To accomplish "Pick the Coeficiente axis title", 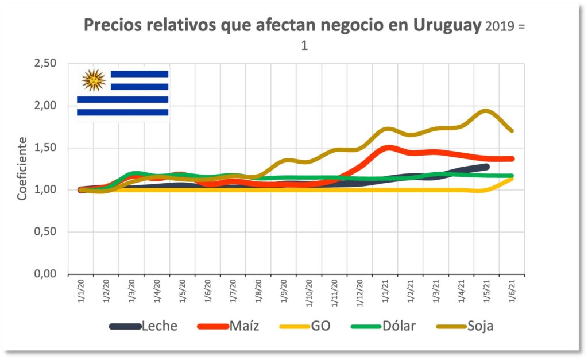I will coord(22,168).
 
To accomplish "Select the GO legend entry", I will coord(320,326).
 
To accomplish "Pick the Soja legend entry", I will coord(480,326).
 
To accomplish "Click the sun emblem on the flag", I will coord(93,80).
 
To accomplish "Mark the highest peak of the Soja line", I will coord(486,111).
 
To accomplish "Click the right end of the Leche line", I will coord(486,167).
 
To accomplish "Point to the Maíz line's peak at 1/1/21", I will coord(389,148).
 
